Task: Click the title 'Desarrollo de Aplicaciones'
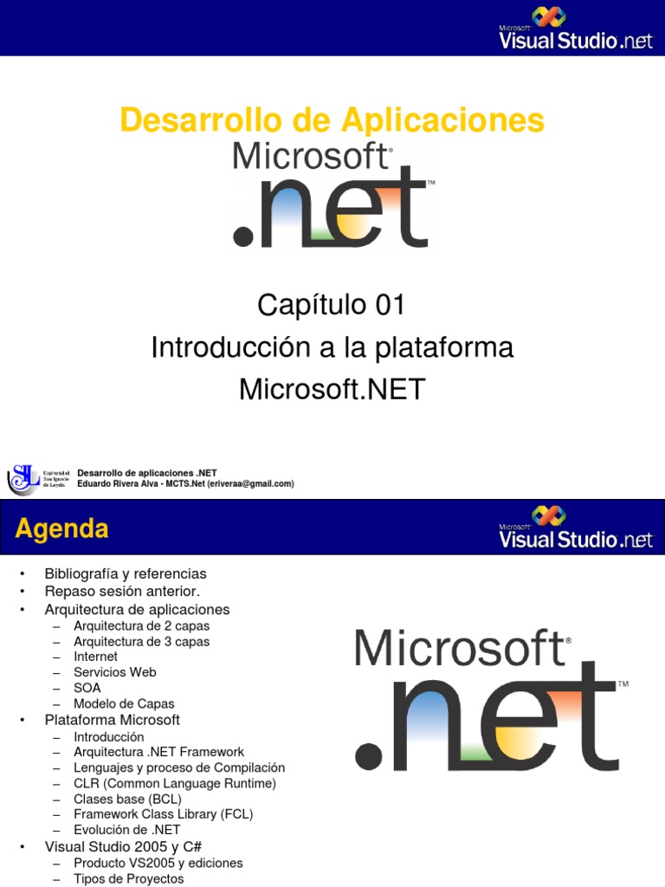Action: click(332, 120)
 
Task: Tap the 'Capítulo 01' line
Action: click(332, 305)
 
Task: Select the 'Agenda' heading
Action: click(61, 528)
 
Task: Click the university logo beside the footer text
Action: click(24, 477)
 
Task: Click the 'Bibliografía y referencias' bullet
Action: click(126, 573)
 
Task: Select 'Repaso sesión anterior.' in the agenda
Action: click(122, 592)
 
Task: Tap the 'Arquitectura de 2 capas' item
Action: click(141, 625)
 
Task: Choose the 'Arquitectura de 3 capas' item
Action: click(141, 642)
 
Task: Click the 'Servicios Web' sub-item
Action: click(115, 672)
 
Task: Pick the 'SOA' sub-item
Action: click(87, 688)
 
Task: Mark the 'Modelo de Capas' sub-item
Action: click(124, 704)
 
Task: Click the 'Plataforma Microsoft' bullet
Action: click(113, 720)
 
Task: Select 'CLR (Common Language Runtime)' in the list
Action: click(175, 783)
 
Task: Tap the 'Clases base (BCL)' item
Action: click(127, 799)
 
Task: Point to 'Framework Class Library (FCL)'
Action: click(163, 814)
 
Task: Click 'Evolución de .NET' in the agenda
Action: click(127, 830)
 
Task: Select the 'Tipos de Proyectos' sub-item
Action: click(129, 878)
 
